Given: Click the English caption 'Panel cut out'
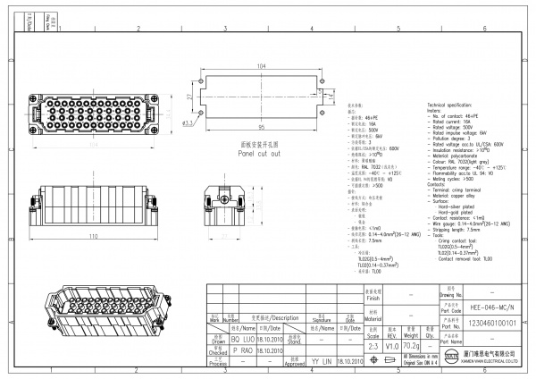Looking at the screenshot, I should point(258,153).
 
